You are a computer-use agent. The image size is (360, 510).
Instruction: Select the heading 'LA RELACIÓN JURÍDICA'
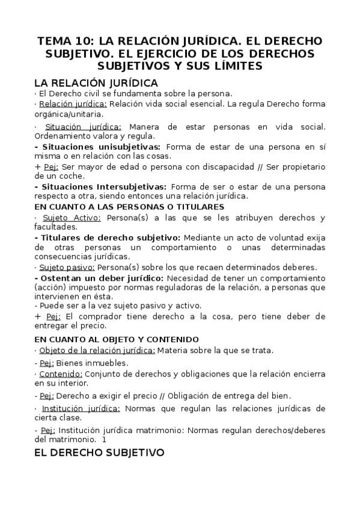(x=96, y=82)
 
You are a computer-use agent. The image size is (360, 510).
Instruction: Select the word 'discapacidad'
(x=214, y=166)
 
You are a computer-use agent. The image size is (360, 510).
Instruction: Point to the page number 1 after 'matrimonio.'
(x=105, y=439)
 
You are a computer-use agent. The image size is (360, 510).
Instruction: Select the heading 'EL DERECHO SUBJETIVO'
(x=99, y=452)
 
